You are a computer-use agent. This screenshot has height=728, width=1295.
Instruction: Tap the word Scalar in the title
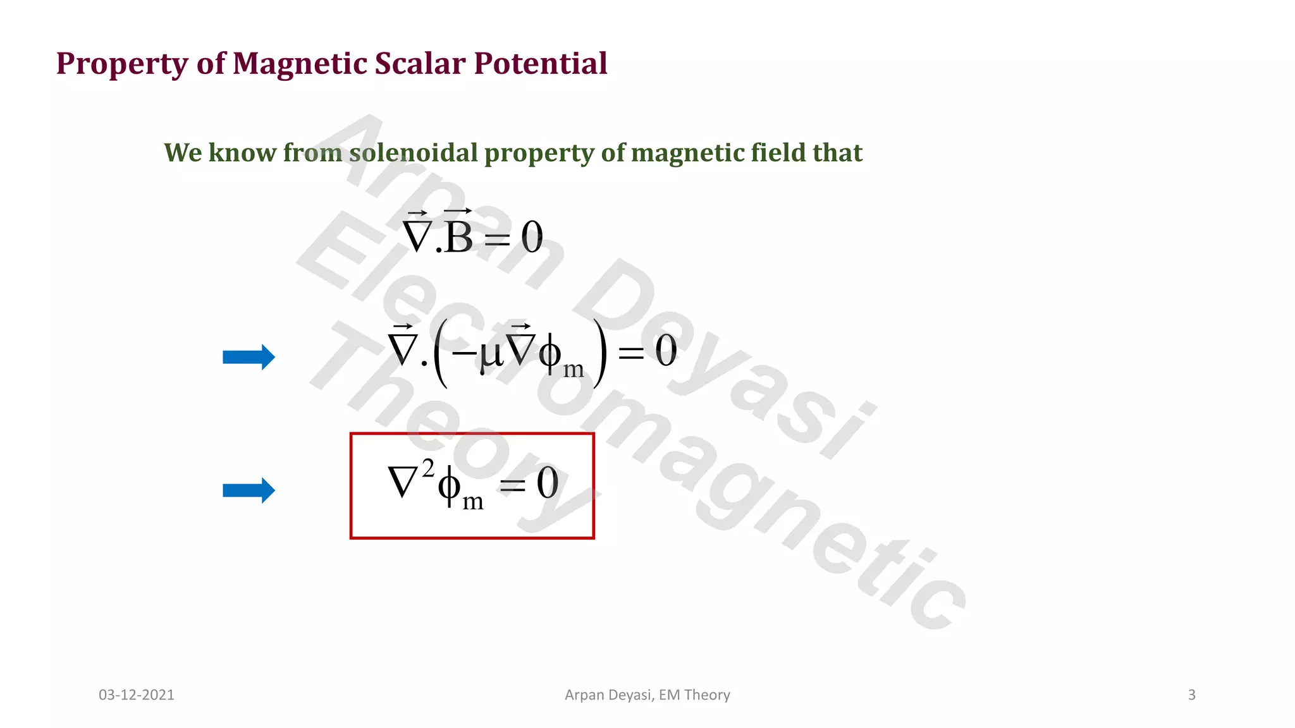[419, 63]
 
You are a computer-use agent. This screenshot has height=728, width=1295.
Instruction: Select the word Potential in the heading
[541, 63]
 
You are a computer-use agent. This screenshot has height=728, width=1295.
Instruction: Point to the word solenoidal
[414, 152]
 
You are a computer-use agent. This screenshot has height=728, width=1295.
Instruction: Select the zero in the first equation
[532, 238]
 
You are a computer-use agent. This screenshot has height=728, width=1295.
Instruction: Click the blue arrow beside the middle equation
[249, 357]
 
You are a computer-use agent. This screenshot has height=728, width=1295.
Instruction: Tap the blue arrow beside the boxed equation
[249, 490]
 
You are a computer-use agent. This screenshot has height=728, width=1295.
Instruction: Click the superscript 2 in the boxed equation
[428, 469]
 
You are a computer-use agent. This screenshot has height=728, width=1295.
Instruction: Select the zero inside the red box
[548, 483]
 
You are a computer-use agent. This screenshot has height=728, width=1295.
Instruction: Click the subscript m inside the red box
[473, 502]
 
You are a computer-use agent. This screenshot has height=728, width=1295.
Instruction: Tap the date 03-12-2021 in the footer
[137, 695]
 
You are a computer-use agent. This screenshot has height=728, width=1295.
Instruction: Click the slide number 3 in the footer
[1191, 695]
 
